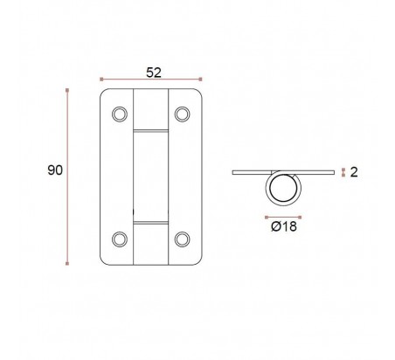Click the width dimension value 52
(x=154, y=73)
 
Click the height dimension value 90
(x=55, y=170)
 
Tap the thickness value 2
(x=354, y=172)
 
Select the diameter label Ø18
(x=284, y=226)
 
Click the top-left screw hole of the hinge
(x=120, y=114)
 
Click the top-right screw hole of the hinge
(x=183, y=114)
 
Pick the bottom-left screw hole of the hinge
(x=120, y=239)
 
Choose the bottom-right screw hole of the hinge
(x=183, y=239)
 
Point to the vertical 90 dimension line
(x=67, y=177)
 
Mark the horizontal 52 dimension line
(x=151, y=80)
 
